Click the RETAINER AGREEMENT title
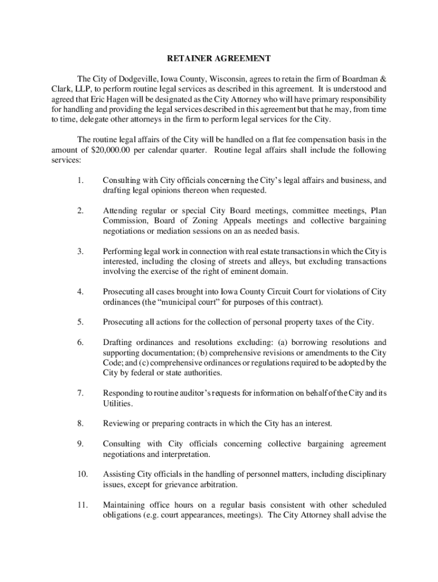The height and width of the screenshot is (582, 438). (x=218, y=59)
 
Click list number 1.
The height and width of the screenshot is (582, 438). (x=82, y=181)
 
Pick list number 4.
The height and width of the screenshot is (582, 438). (x=82, y=292)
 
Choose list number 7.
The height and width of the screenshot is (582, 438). (x=82, y=393)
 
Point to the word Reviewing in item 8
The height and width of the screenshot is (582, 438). (x=121, y=423)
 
